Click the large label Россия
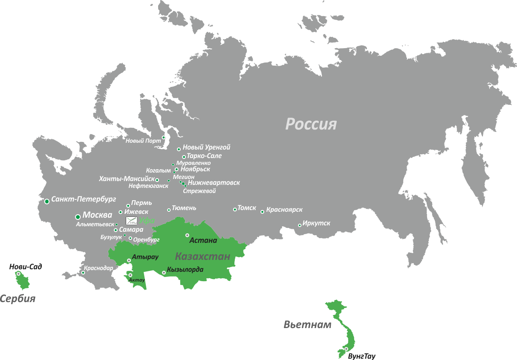point(311,124)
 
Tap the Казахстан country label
point(202,256)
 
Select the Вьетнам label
point(307,325)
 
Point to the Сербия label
point(17,299)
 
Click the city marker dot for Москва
point(78,217)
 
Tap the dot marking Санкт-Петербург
point(46,201)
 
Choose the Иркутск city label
point(316,223)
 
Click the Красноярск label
point(284,210)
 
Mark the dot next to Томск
point(235,209)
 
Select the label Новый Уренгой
point(206,147)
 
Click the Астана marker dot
point(187,235)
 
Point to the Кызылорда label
point(185,270)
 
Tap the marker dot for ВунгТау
point(346,349)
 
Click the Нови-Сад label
point(26,267)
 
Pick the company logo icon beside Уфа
point(131,221)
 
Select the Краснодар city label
point(98,268)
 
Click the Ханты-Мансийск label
point(126,179)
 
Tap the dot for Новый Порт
point(163,137)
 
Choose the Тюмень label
point(184,208)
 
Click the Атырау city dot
point(129,260)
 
